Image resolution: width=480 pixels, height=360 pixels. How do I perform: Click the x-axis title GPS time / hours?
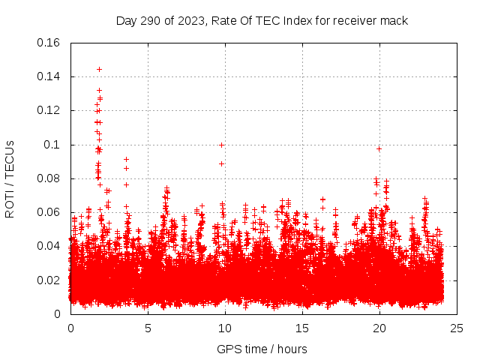tap(262, 349)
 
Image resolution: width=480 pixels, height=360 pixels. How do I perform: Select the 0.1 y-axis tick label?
tap(54, 145)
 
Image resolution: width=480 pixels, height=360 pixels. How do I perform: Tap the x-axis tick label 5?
tap(148, 328)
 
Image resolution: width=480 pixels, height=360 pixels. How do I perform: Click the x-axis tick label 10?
tap(225, 328)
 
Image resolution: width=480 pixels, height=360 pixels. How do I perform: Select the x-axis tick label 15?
tap(302, 328)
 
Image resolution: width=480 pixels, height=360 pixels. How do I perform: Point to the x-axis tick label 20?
tap(379, 328)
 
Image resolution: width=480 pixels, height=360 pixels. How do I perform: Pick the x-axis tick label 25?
tap(457, 328)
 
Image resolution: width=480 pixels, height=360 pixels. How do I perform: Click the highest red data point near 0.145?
tap(99, 69)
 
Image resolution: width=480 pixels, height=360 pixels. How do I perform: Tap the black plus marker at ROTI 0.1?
tap(221, 145)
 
